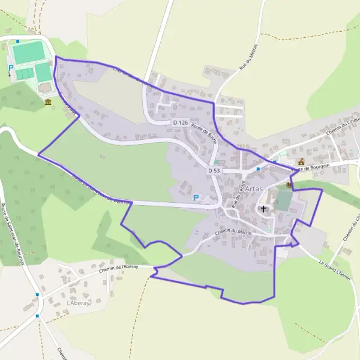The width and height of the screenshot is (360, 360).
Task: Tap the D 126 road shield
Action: coord(180,122)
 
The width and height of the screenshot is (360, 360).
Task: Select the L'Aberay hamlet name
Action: coord(78,304)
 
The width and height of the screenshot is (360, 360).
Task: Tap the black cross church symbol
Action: coord(263,209)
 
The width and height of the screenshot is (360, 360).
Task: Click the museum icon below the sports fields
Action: coord(48,103)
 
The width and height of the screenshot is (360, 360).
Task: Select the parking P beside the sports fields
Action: coord(11,69)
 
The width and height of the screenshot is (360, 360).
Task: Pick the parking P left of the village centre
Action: coord(196,197)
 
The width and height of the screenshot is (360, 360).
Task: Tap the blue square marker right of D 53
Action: coord(258,169)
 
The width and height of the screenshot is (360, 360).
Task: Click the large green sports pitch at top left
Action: coord(28,53)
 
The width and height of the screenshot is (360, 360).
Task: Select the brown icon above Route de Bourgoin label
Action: coord(301,161)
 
